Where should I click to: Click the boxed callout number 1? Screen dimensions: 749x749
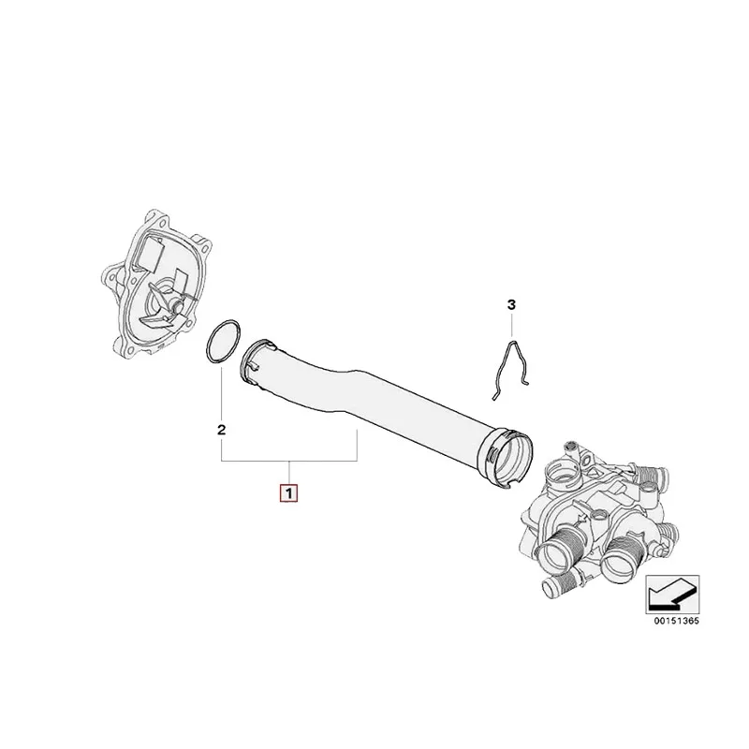pos(288,493)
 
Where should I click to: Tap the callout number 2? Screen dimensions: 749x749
pos(221,430)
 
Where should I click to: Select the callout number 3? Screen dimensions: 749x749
pos(511,304)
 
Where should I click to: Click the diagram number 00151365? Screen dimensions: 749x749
pos(676,621)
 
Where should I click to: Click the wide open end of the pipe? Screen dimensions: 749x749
pos(506,460)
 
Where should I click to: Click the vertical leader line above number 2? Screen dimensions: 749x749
pos(221,393)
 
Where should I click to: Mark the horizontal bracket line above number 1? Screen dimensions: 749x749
pos(289,461)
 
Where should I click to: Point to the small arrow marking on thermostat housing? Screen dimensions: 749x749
pos(581,520)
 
